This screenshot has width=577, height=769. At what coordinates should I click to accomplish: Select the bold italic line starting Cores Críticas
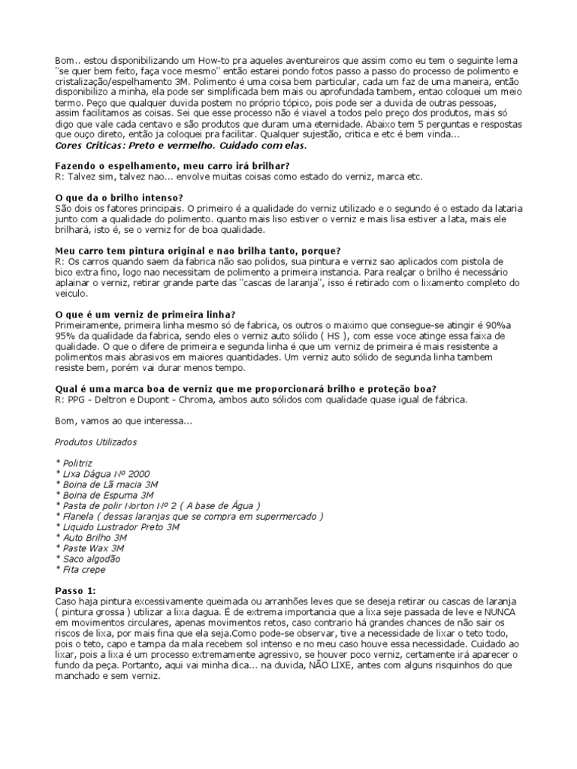(x=181, y=145)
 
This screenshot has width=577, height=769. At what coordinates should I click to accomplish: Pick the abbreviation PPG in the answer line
(x=79, y=400)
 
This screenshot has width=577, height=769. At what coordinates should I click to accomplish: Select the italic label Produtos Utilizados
(x=96, y=442)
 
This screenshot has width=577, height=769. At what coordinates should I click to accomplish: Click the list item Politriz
(x=77, y=463)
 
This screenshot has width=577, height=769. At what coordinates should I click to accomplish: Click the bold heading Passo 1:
(x=76, y=591)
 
